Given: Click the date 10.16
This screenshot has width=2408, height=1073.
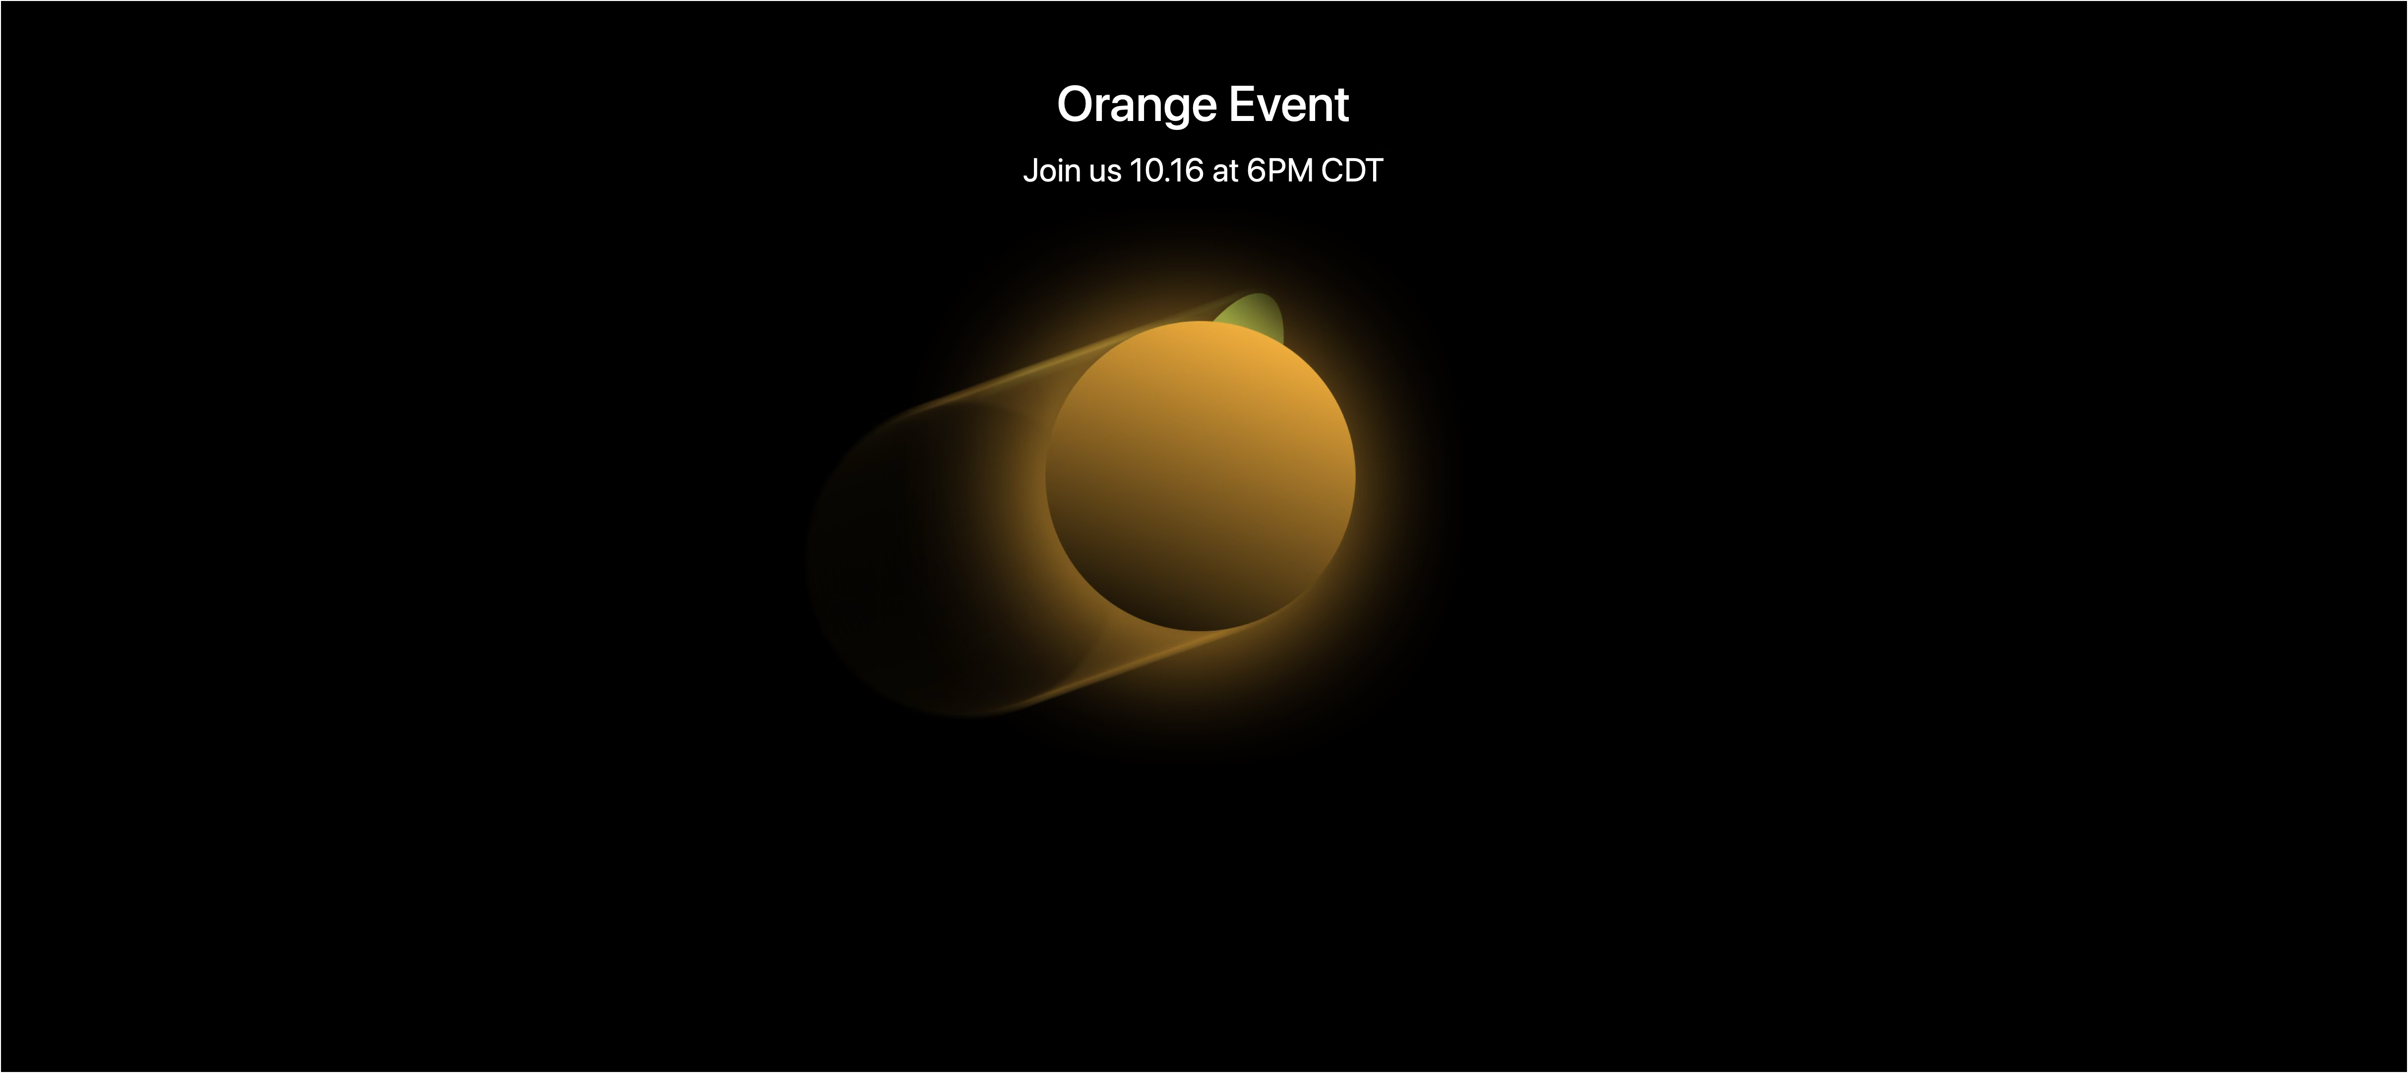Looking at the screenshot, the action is pyautogui.click(x=1166, y=170).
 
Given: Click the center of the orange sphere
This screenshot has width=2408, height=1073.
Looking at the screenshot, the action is pyautogui.click(x=1200, y=476).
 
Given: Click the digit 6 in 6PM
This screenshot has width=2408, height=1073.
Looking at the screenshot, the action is pyautogui.click(x=1257, y=170).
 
